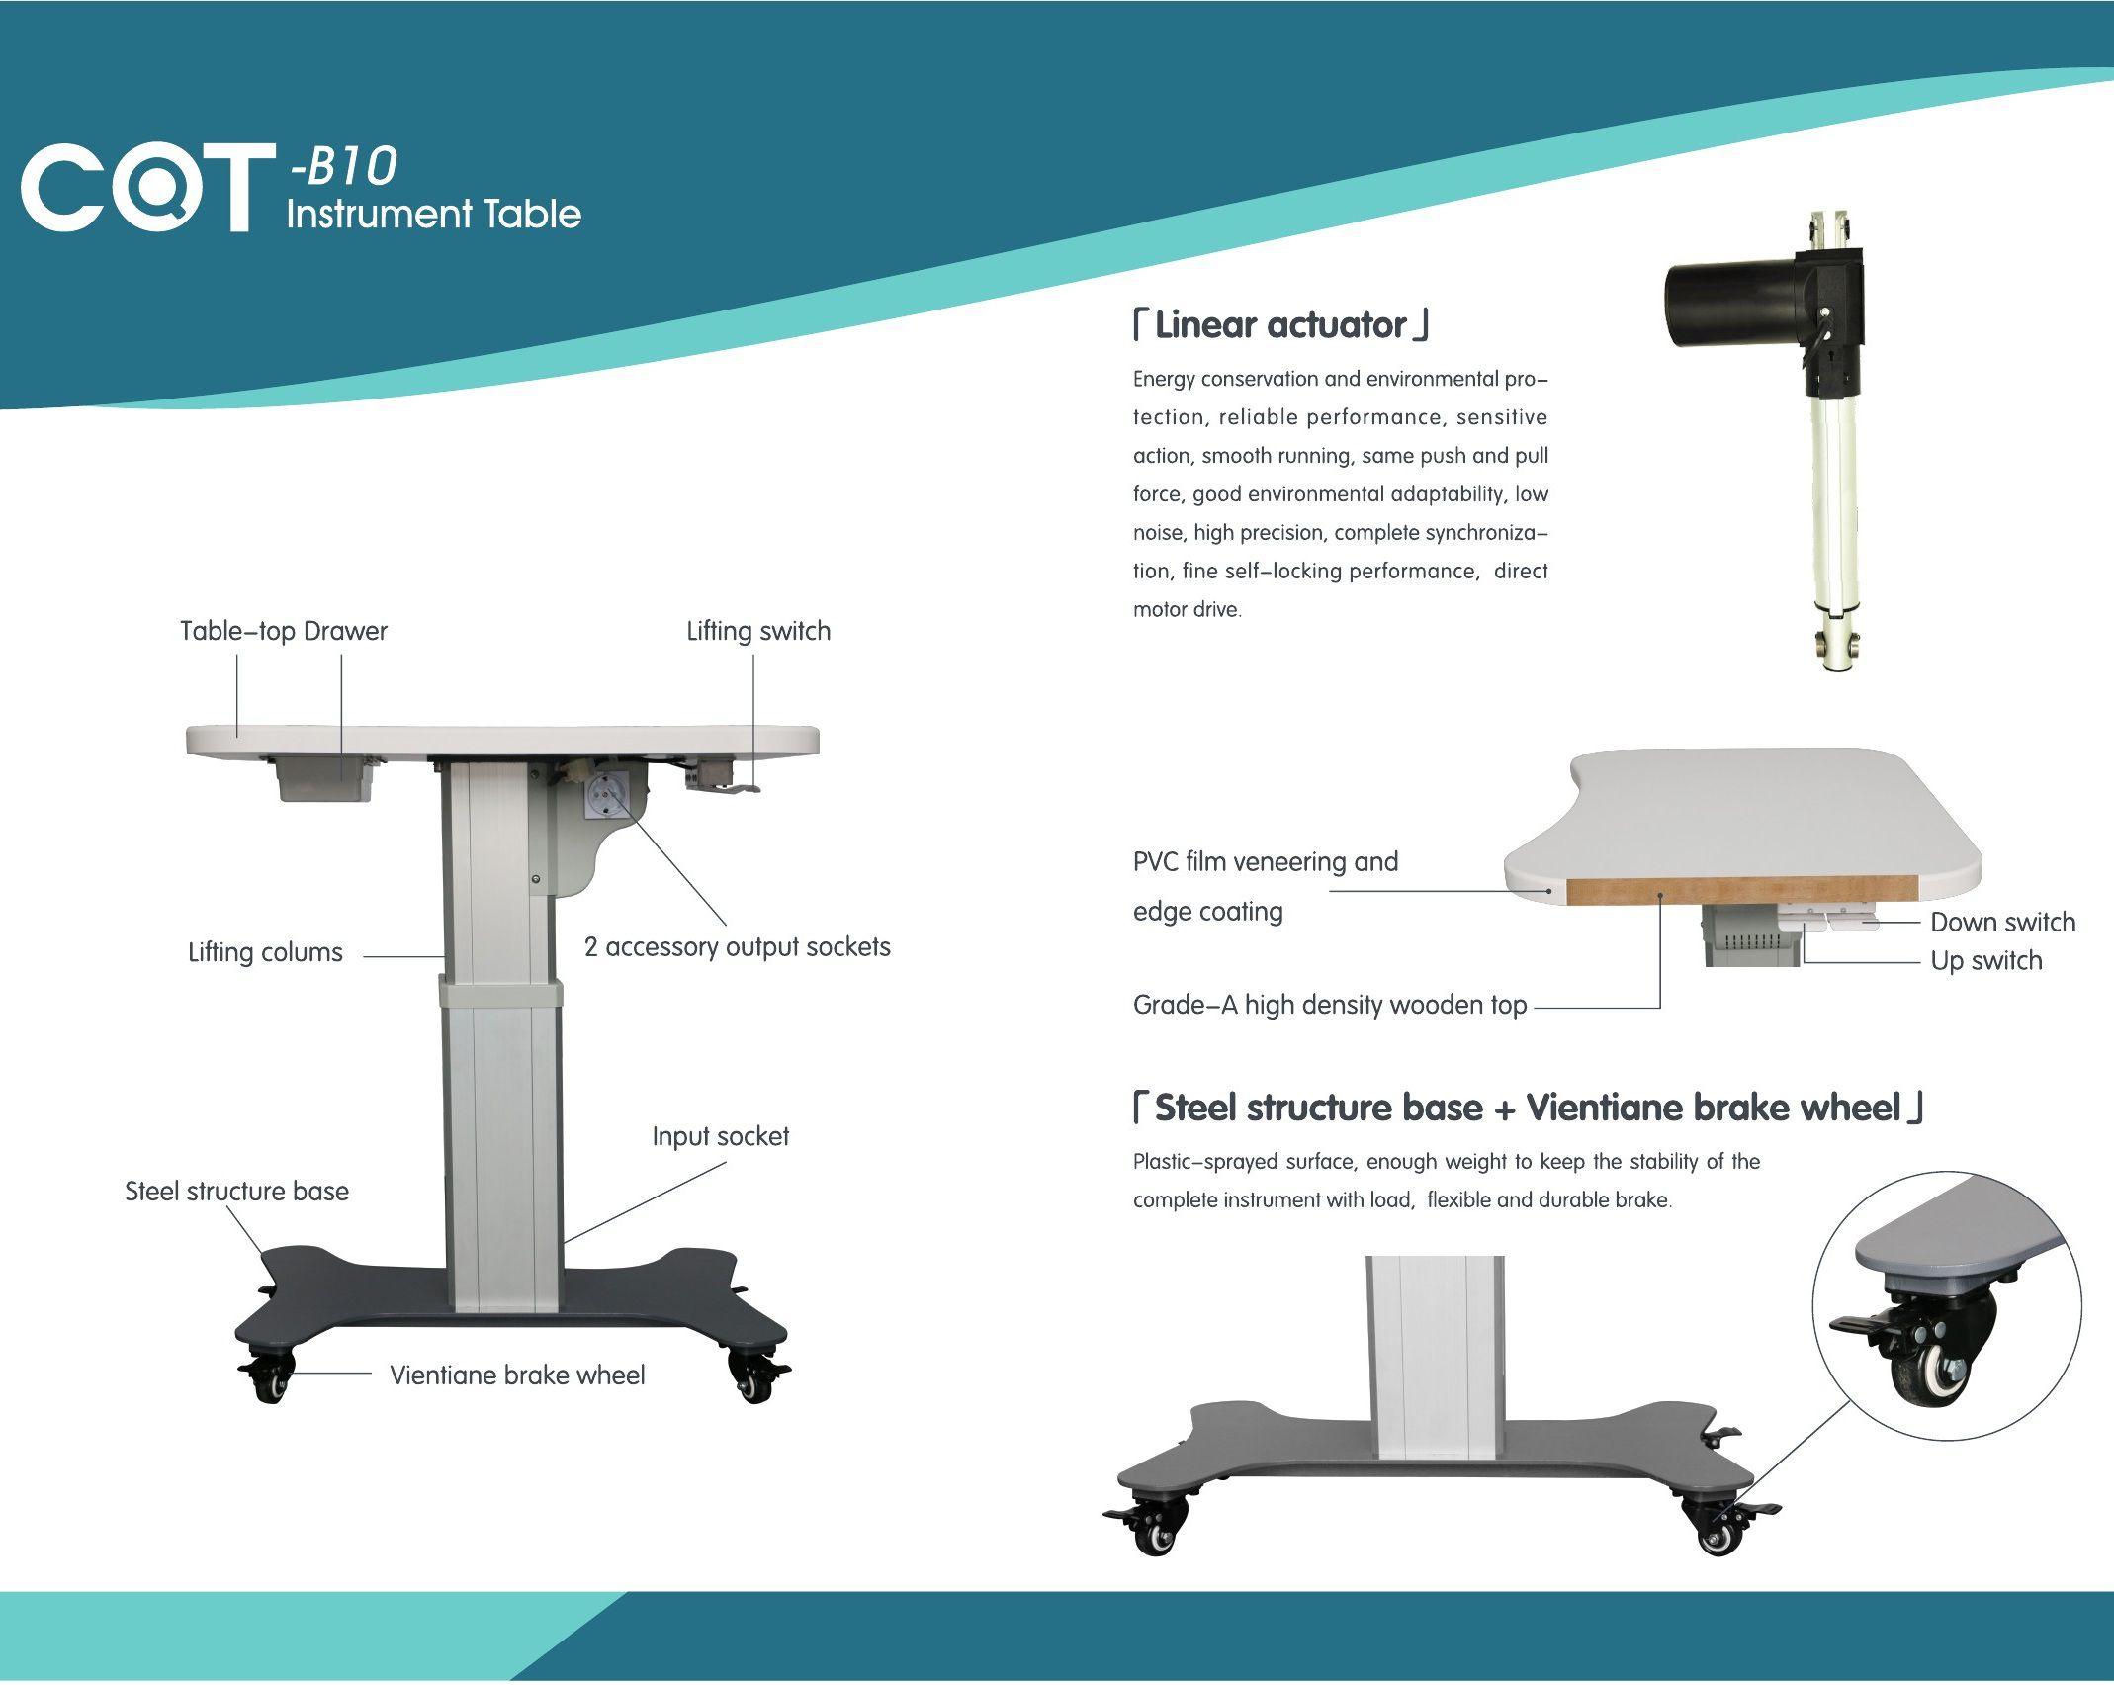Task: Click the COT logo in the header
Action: pos(147,188)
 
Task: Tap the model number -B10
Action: pos(342,165)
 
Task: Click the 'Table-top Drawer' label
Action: pos(284,631)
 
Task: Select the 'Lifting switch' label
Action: pos(758,631)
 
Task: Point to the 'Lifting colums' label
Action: pos(265,952)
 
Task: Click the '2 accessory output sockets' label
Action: pos(737,947)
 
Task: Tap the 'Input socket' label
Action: pos(721,1137)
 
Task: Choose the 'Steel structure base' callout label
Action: pos(237,1191)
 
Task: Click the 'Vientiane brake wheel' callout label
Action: pos(517,1375)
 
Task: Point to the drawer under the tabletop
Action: pos(324,779)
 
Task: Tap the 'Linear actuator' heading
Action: pos(1280,325)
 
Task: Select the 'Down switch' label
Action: pos(2003,923)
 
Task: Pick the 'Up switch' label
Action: pos(1986,961)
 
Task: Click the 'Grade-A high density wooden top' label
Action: pos(1330,1006)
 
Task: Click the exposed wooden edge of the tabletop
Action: pos(1741,890)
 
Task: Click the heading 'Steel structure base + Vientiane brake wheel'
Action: pos(1529,1109)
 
